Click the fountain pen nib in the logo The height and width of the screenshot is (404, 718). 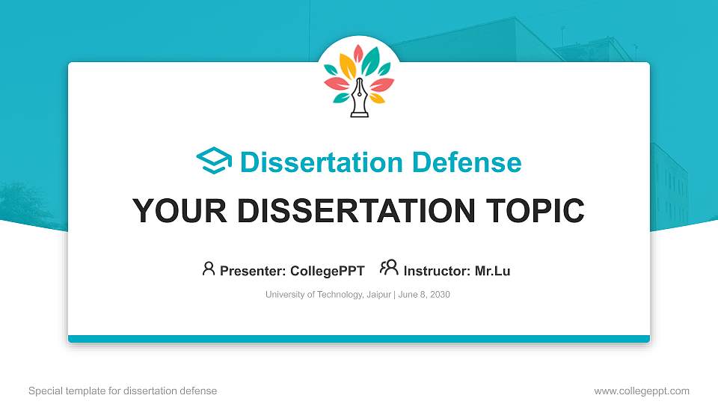(x=359, y=94)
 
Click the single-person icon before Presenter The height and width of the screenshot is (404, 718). (x=209, y=269)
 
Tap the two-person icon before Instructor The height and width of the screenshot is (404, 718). (x=389, y=268)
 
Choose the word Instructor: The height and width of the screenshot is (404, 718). (x=437, y=271)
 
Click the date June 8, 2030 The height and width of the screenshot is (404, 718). (x=425, y=295)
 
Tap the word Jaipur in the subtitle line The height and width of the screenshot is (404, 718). (x=378, y=295)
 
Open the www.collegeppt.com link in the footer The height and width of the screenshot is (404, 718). (x=641, y=391)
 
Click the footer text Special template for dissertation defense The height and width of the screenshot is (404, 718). (x=123, y=391)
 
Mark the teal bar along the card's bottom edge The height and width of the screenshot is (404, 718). (x=359, y=339)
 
